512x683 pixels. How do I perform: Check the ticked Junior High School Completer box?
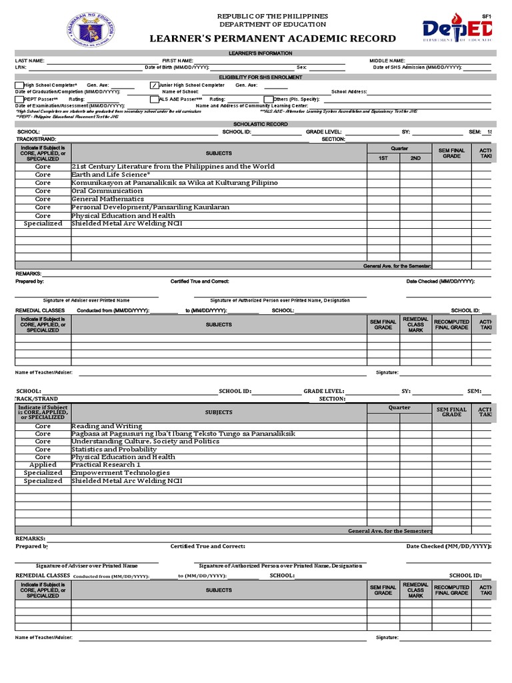pos(155,85)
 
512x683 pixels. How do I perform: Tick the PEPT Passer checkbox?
pos(19,99)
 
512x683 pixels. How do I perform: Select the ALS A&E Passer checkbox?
pos(155,99)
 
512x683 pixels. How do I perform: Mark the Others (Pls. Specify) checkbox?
pos(269,99)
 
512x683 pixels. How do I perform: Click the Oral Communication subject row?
pos(107,191)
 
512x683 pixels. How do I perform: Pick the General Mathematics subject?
pos(107,199)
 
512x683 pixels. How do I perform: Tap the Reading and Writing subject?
pos(107,426)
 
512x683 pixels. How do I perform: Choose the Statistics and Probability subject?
pos(114,450)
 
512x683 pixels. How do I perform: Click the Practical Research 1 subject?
pos(106,465)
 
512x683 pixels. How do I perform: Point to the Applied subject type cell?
pos(43,465)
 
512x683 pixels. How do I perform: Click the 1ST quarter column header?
pos(383,158)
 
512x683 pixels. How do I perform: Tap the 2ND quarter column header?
pos(415,158)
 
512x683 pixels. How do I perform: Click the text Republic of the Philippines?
pos(273,16)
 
